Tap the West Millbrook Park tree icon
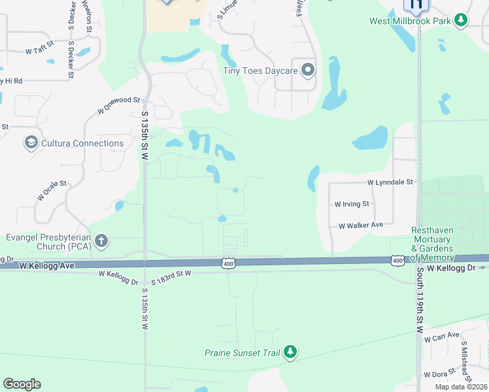tap(462, 20)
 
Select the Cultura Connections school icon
tap(30, 142)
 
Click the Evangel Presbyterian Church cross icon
tap(101, 241)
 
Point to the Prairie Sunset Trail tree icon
tap(290, 353)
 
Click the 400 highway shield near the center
tap(228, 263)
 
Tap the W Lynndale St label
tap(391, 182)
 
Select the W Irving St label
tap(352, 204)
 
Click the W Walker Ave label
tap(360, 225)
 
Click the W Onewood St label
tap(118, 105)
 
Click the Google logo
tap(22, 384)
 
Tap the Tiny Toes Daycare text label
tap(260, 71)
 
